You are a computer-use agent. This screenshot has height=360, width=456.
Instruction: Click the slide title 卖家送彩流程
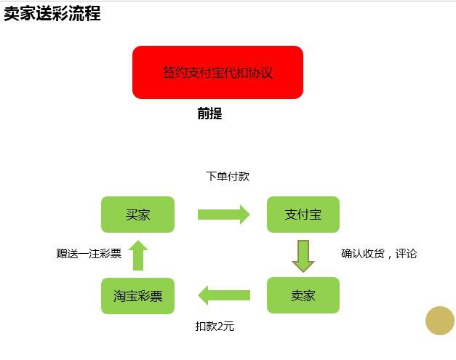[52, 13]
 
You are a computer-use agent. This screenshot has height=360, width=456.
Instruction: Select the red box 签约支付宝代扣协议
[217, 73]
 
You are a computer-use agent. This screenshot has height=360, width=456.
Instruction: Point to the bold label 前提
[209, 113]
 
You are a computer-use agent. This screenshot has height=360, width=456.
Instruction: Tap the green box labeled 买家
[138, 215]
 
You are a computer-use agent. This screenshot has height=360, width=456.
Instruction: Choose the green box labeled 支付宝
[303, 215]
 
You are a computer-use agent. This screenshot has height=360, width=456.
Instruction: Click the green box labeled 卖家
[303, 295]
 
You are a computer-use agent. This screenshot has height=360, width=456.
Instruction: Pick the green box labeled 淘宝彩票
[138, 296]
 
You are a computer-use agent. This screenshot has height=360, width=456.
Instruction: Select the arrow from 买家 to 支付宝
[224, 215]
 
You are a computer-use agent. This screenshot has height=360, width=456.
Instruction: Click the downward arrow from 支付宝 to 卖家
[303, 256]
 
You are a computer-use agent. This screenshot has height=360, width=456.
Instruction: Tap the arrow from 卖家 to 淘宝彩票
[224, 295]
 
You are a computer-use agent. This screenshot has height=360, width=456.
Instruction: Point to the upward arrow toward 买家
[138, 255]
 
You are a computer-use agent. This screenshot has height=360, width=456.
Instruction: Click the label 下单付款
[228, 176]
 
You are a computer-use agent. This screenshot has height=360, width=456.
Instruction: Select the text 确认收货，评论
[379, 254]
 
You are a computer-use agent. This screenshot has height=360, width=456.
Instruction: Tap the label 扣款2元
[215, 327]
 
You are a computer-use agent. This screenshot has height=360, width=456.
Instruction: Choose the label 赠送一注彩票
[89, 254]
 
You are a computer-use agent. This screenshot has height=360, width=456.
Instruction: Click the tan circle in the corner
[440, 321]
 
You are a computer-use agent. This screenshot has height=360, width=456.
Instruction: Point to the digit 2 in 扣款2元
[220, 327]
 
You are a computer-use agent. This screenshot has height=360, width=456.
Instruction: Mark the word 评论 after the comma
[406, 254]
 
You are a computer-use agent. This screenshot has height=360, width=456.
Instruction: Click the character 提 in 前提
[216, 113]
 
